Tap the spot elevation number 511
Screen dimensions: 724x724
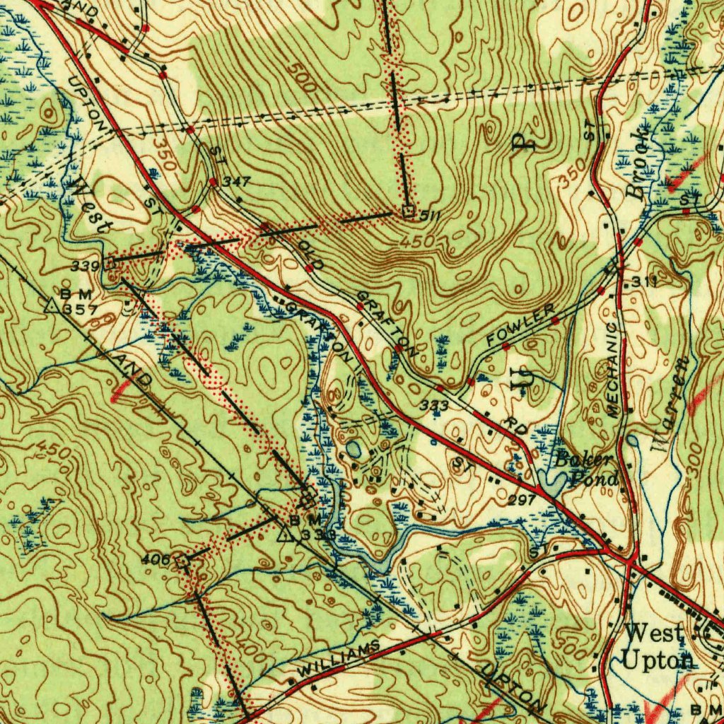pos(430,214)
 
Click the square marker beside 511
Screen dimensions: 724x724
pos(408,211)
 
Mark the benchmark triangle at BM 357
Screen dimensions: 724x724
pos(51,306)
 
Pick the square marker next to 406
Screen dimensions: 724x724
pos(184,560)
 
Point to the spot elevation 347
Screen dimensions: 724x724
pos(235,182)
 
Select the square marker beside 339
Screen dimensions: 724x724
pos(110,263)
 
